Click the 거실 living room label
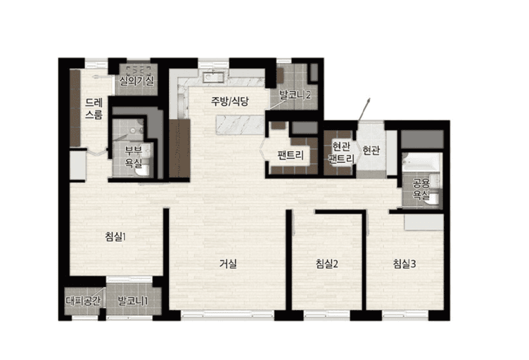coord(228,264)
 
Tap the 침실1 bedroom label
coord(115,237)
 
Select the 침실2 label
coord(327,264)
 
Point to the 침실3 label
coord(404,264)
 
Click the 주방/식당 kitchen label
coord(230,101)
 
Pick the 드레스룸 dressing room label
coord(94,108)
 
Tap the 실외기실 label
coord(136,81)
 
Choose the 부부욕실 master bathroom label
coord(133,156)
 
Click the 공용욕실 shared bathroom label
coord(421,189)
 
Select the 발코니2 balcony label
coord(295,95)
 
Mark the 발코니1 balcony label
coord(132,300)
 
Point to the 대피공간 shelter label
coord(83,300)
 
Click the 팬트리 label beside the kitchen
coord(291,155)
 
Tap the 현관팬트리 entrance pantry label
coord(341,153)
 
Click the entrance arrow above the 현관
coord(364,109)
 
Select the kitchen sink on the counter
coord(213,77)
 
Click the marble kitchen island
coord(240,124)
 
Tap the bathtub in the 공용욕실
coord(421,162)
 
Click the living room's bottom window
coord(228,315)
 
